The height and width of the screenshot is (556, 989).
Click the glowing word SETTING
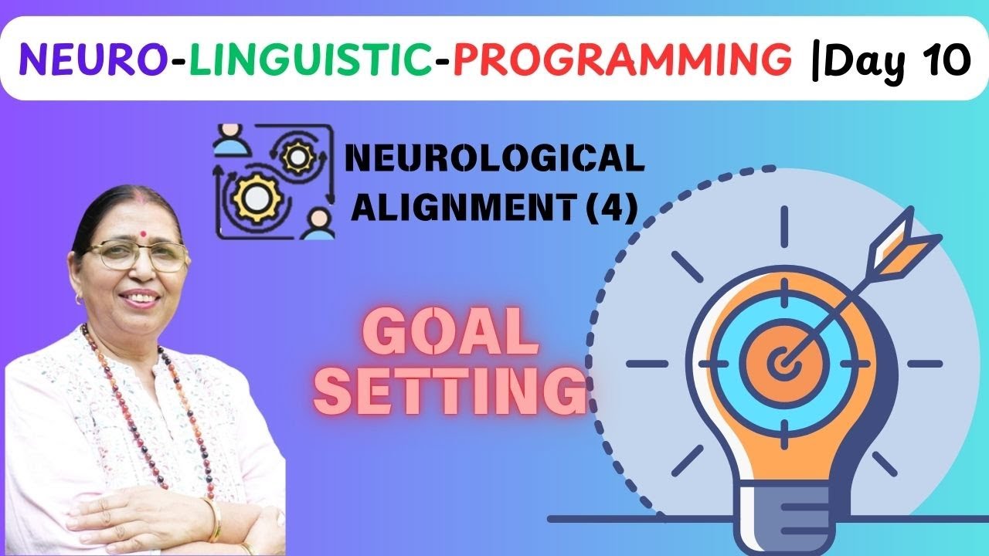[x=450, y=392]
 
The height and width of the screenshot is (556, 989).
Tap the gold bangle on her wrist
[x=212, y=518]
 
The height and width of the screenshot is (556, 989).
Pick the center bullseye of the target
[x=783, y=362]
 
